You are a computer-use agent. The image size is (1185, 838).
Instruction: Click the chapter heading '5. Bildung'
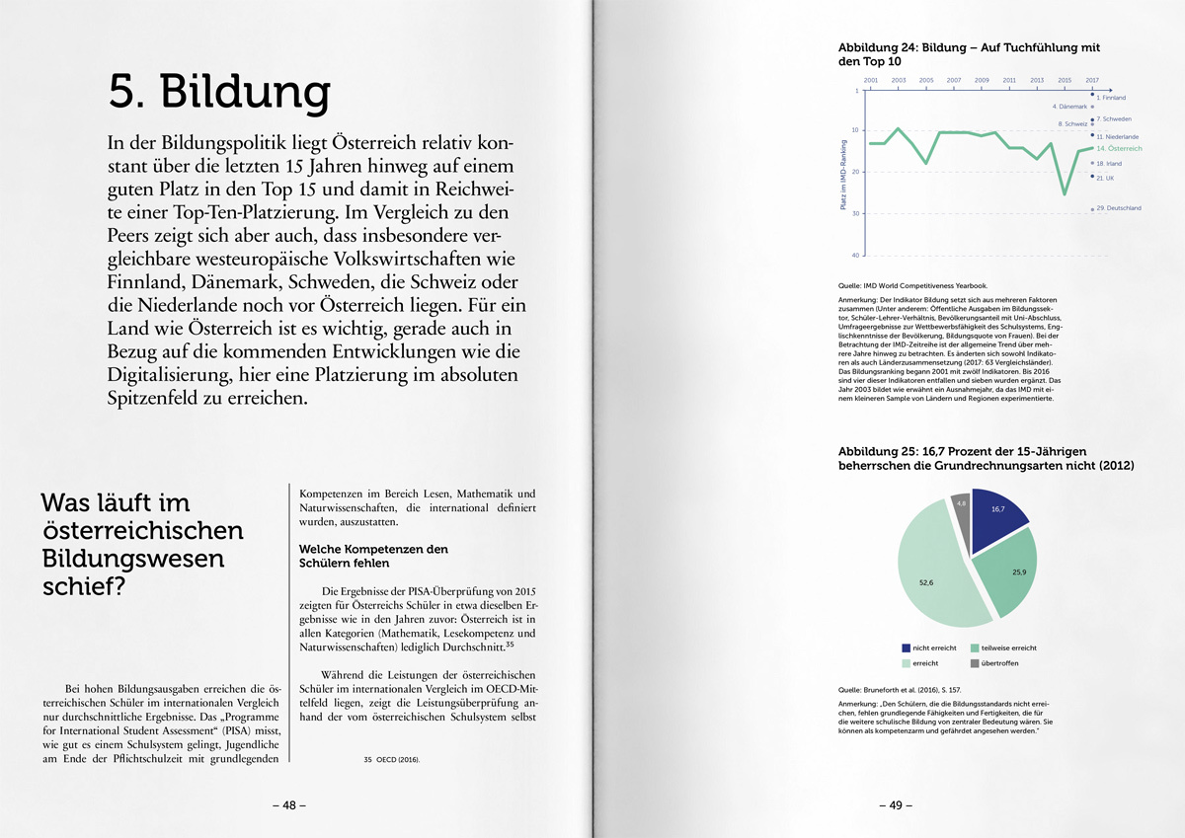219,93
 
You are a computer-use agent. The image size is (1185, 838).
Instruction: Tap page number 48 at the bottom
289,805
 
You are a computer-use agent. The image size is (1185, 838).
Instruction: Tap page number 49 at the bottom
896,805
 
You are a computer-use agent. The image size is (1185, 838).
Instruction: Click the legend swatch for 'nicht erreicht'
907,648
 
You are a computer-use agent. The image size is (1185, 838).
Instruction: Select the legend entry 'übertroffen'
1003,663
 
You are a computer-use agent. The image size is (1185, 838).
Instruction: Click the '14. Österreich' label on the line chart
1119,148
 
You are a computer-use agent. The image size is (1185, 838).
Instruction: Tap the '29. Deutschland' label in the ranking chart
1119,208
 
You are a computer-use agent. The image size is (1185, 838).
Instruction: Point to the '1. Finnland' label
1111,98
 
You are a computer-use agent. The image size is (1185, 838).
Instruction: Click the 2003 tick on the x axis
899,80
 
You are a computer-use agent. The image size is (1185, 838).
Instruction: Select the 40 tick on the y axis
856,255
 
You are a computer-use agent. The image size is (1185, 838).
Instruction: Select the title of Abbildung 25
986,458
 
